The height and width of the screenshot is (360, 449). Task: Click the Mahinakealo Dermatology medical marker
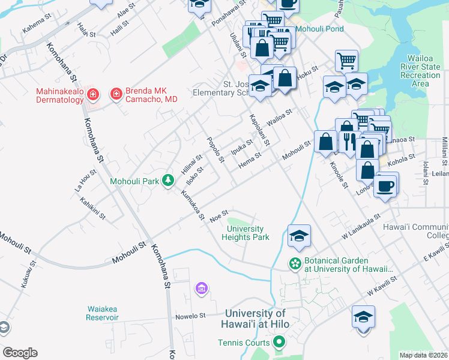92,94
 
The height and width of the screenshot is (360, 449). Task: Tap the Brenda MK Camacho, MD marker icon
115,94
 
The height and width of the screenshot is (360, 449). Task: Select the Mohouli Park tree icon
170,180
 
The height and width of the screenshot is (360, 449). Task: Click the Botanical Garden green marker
295,263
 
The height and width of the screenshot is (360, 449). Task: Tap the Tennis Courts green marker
278,343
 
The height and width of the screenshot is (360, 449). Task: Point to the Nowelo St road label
190,314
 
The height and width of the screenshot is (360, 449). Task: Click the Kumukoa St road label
193,204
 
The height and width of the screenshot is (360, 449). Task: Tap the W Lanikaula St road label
361,226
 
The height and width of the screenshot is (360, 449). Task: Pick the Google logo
20,353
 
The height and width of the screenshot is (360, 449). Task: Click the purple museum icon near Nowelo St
201,289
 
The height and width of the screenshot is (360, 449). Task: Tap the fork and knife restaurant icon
348,141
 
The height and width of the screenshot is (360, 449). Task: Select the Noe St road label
219,215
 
